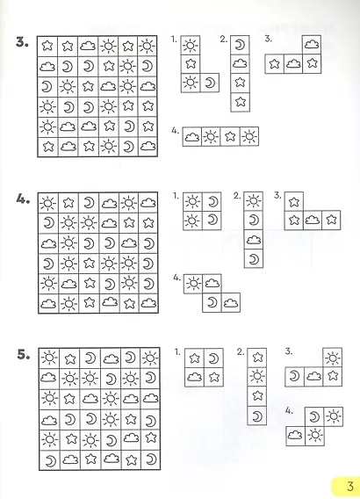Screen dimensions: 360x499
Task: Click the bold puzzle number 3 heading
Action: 22,42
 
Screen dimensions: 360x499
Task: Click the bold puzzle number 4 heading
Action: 23,199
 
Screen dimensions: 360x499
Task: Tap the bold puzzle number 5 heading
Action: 24,354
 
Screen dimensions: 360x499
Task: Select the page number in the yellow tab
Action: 349,486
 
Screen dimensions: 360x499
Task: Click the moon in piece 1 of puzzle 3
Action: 210,83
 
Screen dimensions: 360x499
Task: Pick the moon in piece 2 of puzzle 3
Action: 240,45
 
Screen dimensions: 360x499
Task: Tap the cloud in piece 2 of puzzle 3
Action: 240,63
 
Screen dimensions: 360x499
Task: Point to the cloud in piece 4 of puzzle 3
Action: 191,137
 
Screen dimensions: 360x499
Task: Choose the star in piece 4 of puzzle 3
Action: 230,136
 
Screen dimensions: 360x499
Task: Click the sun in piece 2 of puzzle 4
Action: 254,201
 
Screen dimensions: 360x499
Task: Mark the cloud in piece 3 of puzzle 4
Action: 312,220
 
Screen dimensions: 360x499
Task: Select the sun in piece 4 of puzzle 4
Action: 192,283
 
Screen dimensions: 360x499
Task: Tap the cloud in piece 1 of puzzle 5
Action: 194,377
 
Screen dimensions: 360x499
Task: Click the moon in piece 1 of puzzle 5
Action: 213,358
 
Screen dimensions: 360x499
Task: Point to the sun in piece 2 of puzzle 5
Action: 257,377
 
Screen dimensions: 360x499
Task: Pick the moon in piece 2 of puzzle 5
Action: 257,416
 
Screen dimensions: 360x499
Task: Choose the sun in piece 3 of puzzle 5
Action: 333,358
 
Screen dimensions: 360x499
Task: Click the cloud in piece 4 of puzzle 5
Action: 295,434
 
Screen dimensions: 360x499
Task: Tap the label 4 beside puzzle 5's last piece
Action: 289,411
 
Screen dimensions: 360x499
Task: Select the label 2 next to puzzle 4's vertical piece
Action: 237,196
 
